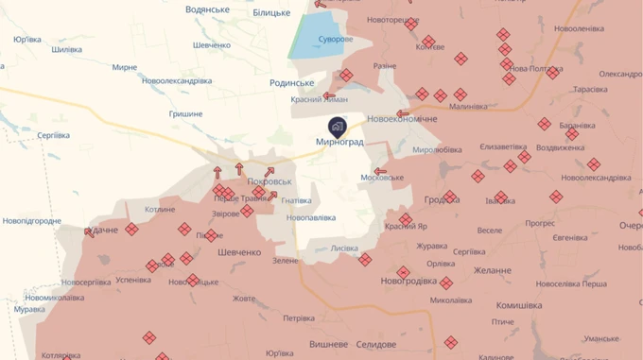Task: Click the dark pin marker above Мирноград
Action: [x=338, y=126]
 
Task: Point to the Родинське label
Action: [x=292, y=83]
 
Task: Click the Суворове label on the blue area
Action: [x=335, y=39]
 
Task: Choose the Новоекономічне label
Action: [x=402, y=119]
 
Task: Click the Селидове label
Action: [x=376, y=345]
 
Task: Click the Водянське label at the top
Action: [x=208, y=9]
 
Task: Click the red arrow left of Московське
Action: [x=380, y=172]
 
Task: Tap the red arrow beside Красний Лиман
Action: [x=328, y=94]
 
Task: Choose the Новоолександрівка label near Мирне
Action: [x=177, y=81]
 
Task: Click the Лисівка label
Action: [x=344, y=249]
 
